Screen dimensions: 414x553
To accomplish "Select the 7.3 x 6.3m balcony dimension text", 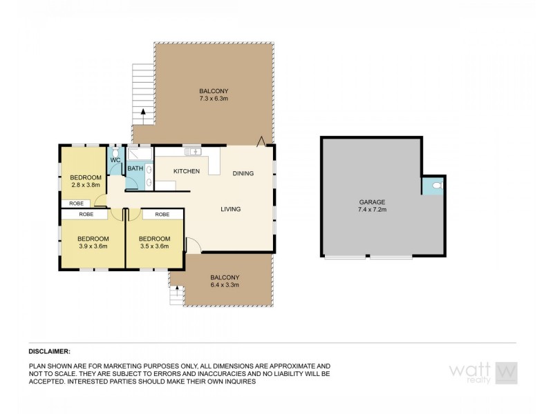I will [214, 99].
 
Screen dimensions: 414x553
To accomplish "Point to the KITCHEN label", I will [187, 171].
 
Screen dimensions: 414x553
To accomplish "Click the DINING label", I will [243, 173].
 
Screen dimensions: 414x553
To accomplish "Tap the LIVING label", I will [231, 209].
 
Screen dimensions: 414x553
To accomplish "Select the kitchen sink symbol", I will [191, 151].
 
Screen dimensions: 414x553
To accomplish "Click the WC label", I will [115, 161].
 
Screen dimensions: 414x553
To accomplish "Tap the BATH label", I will [135, 168].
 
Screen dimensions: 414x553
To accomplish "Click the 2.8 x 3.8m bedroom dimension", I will [86, 184].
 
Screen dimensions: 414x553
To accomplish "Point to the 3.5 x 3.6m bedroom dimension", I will [154, 246].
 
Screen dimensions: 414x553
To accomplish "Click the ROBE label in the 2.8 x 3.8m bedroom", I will [77, 204].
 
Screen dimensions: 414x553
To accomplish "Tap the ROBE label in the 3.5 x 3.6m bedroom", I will [162, 215].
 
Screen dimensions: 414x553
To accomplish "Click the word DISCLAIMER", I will [50, 351].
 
